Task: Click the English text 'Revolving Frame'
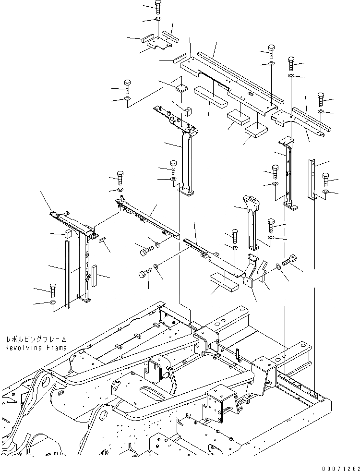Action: coord(36,347)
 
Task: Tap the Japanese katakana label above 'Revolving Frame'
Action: coord(36,338)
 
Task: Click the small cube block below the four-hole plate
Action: coord(188,111)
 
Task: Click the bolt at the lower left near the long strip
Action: coord(52,289)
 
